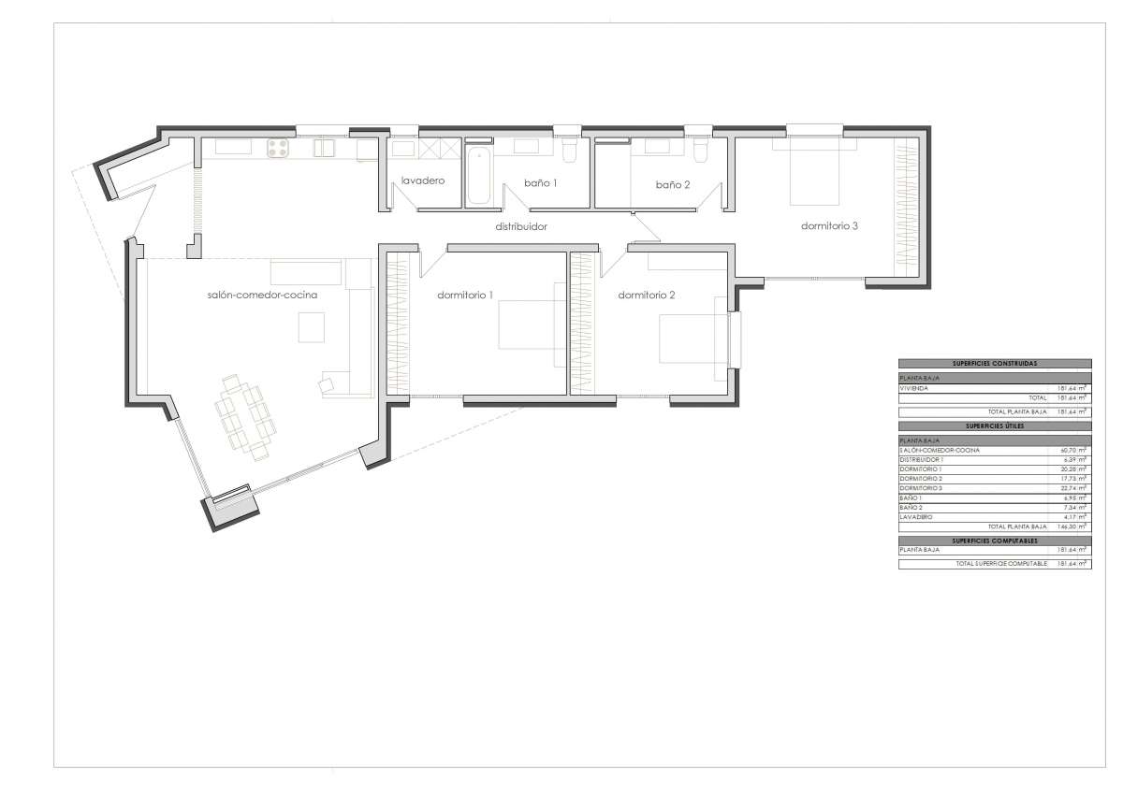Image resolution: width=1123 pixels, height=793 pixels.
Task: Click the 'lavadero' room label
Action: tap(422, 180)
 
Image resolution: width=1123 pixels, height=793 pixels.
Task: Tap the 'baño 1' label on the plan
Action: tap(541, 182)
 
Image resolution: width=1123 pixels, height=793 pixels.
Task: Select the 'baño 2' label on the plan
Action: tap(672, 185)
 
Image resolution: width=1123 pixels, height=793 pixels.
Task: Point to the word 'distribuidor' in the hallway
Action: tap(521, 226)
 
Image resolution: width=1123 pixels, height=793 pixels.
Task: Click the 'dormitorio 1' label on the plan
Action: tap(465, 295)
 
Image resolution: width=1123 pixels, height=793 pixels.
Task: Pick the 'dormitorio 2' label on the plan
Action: tap(647, 295)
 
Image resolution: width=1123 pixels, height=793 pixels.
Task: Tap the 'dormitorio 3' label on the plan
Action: tap(829, 225)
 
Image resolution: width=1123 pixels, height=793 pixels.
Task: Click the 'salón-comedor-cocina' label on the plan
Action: tap(263, 295)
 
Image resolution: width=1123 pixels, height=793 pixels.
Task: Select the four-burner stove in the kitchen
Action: tap(279, 147)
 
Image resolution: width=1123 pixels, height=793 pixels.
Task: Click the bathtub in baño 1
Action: tap(477, 174)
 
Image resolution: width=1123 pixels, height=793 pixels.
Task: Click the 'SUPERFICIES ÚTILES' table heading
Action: tap(995, 425)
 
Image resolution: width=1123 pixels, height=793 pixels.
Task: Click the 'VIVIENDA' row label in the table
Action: tap(914, 387)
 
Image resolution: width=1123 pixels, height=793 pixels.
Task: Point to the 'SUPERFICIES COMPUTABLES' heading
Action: tap(995, 541)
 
